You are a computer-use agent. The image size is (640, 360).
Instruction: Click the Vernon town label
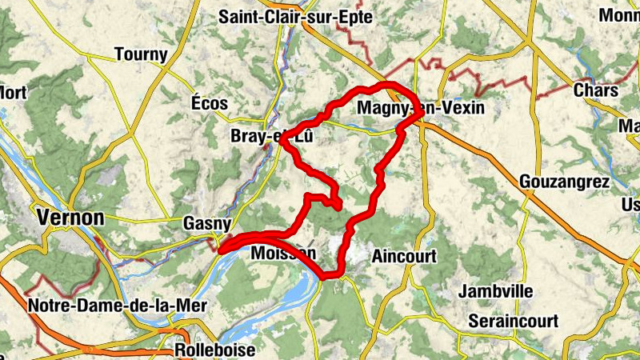(x=71, y=218)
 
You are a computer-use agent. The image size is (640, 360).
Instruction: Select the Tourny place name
(x=141, y=54)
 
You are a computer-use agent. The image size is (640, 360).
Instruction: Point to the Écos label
(x=210, y=103)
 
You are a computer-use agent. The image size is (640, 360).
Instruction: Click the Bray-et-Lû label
(x=270, y=137)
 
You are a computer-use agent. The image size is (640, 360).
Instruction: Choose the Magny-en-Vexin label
(x=422, y=108)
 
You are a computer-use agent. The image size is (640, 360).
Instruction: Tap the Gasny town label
(x=207, y=224)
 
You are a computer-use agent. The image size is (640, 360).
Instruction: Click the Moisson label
(x=283, y=254)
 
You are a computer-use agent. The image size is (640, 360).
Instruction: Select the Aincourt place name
(x=405, y=256)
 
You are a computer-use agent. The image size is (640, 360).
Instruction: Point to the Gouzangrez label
(x=565, y=181)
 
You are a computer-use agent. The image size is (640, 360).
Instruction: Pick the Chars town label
(x=595, y=90)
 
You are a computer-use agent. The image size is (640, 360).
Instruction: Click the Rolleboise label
(x=215, y=350)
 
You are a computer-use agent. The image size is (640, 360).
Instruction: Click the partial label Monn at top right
(x=622, y=16)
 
